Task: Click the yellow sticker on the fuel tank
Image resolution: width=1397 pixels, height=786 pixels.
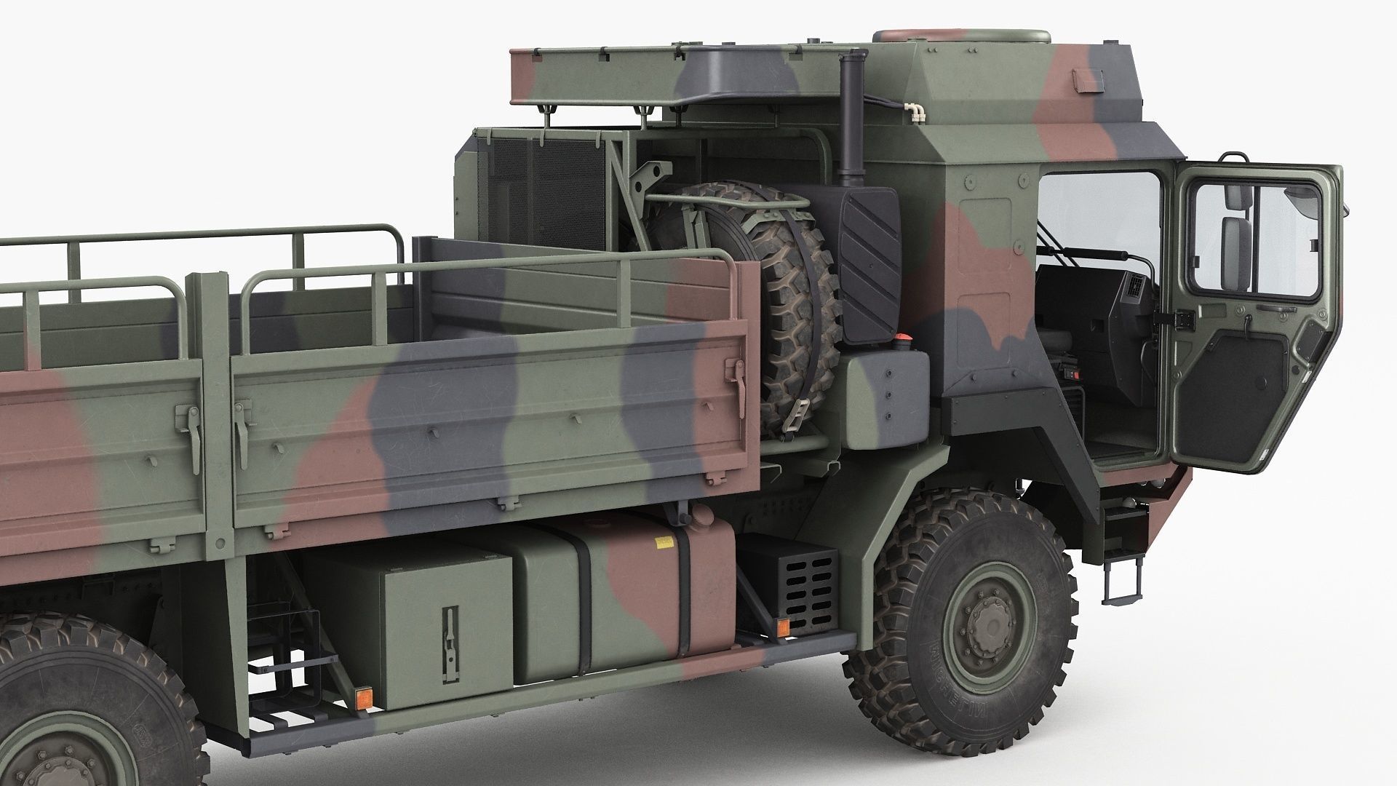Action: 664,541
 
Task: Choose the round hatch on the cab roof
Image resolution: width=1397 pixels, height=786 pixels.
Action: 960,36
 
